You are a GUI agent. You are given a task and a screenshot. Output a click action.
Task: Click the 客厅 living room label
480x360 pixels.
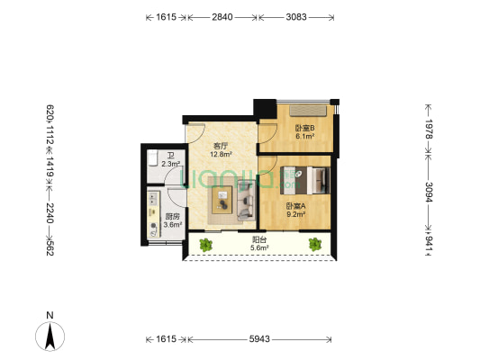coord(219,146)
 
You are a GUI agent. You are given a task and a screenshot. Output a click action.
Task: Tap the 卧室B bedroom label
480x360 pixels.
coord(304,128)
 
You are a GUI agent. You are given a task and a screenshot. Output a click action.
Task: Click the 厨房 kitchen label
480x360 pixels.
coord(172,216)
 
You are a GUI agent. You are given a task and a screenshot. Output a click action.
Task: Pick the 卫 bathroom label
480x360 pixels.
coord(170,155)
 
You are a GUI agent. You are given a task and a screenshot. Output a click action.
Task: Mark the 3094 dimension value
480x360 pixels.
coord(430,195)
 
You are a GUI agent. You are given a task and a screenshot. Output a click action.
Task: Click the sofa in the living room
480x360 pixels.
coord(246,199)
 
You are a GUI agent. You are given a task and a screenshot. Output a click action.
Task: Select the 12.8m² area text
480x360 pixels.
coord(221,154)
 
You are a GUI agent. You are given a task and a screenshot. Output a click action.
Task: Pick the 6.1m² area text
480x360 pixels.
coord(304,137)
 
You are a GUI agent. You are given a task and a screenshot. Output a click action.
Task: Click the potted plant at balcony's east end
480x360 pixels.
coord(315,243)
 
